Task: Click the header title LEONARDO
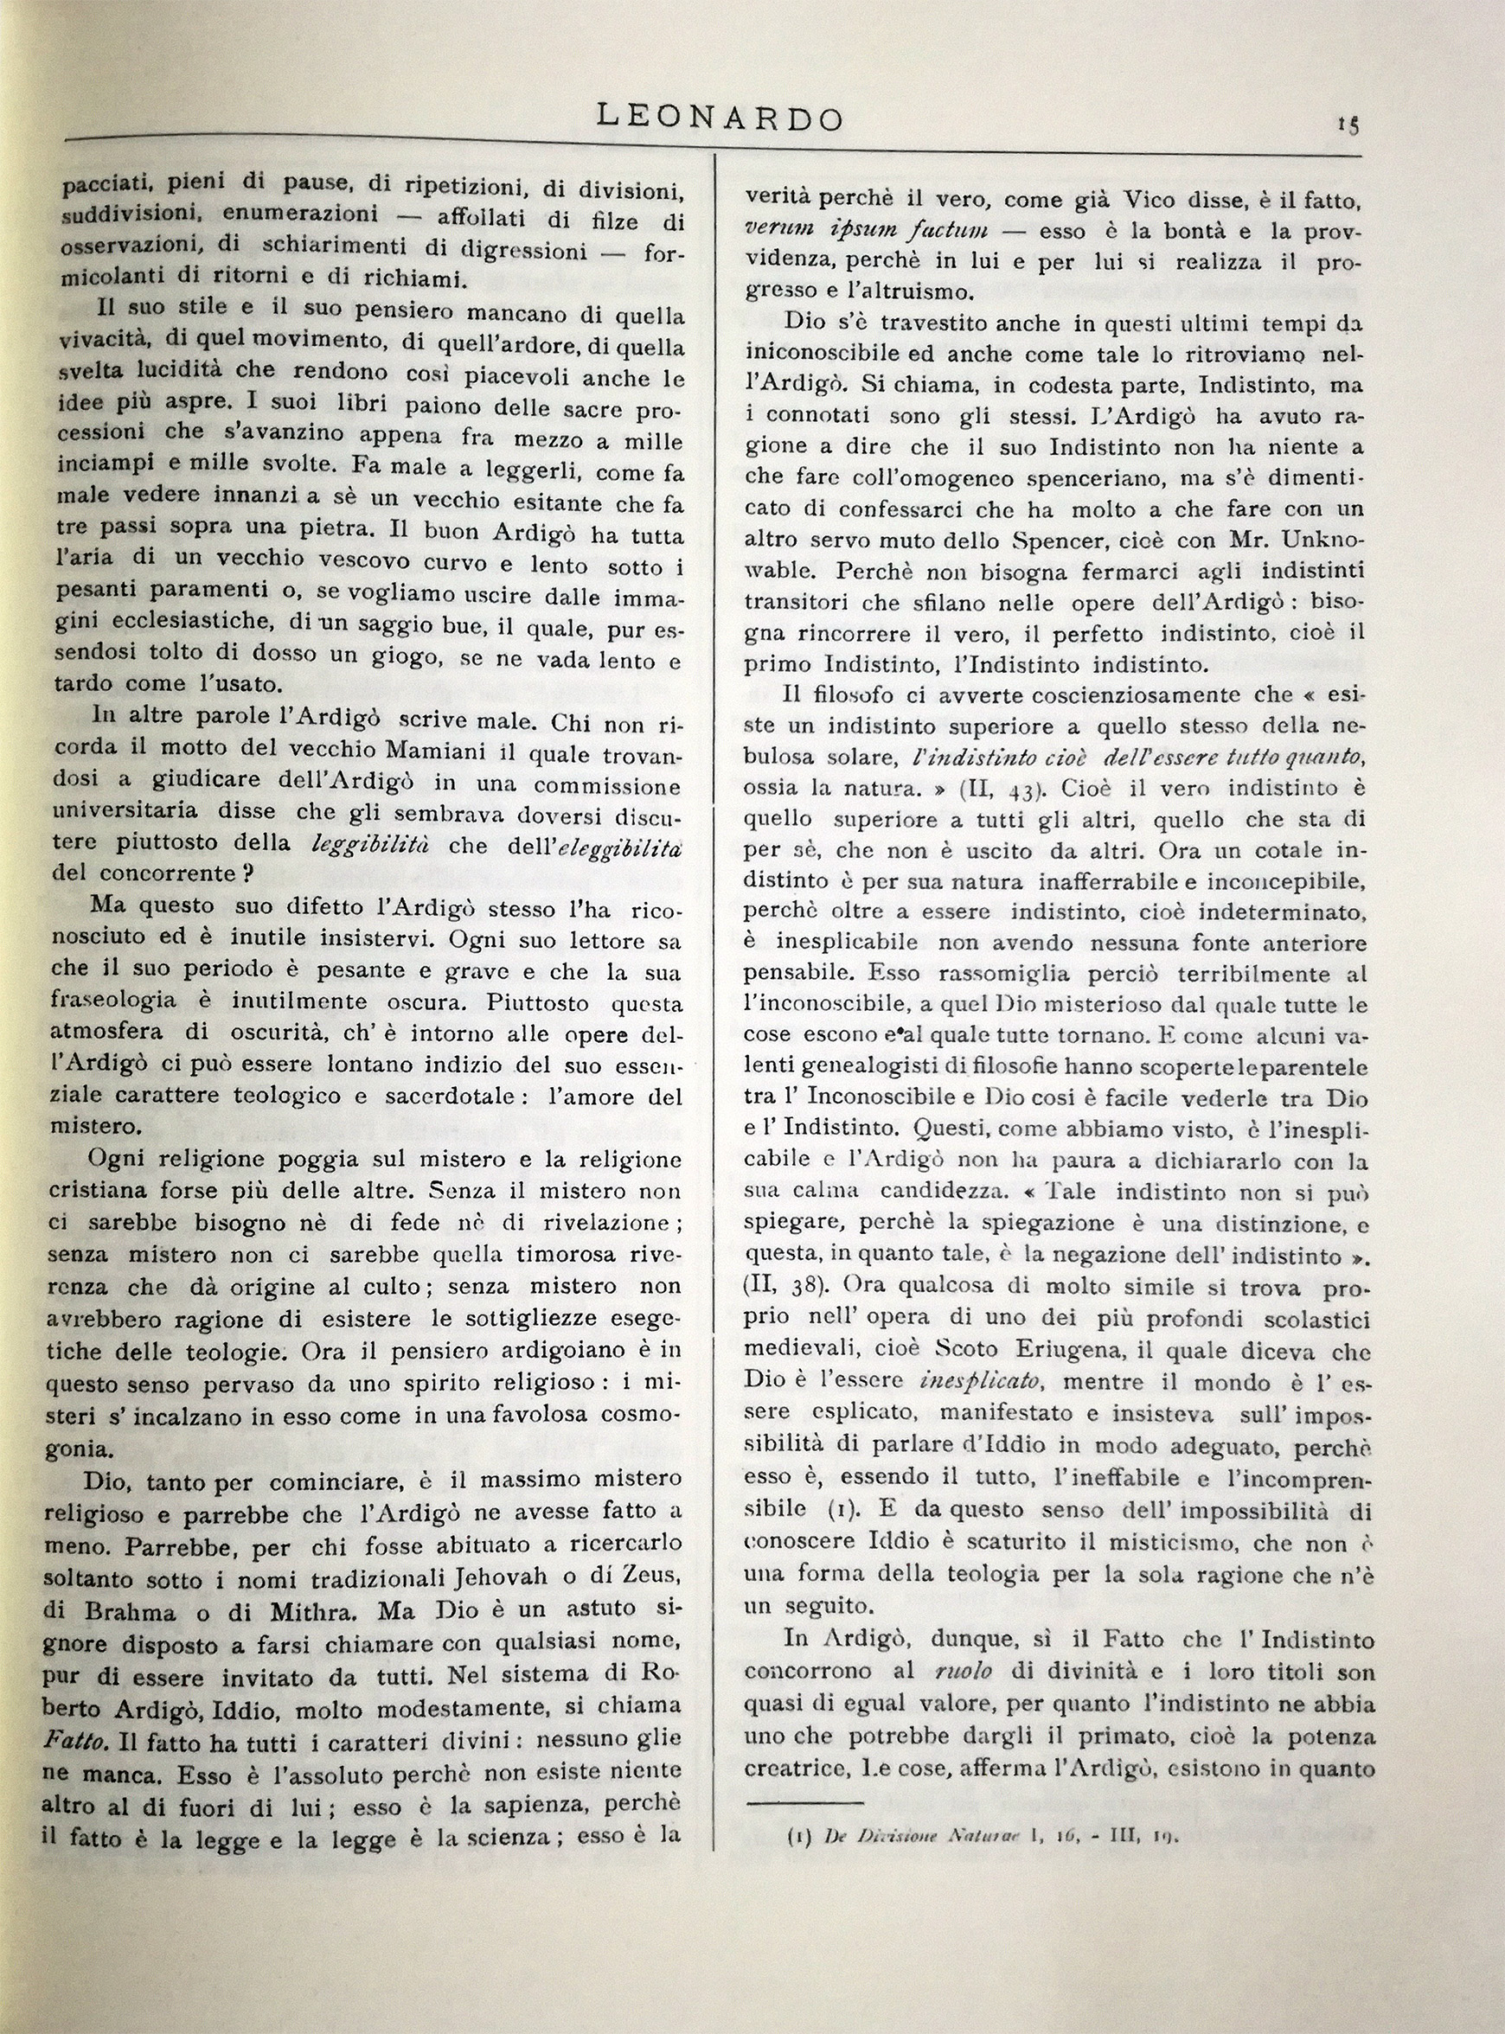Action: (719, 119)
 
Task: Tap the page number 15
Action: (1348, 125)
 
